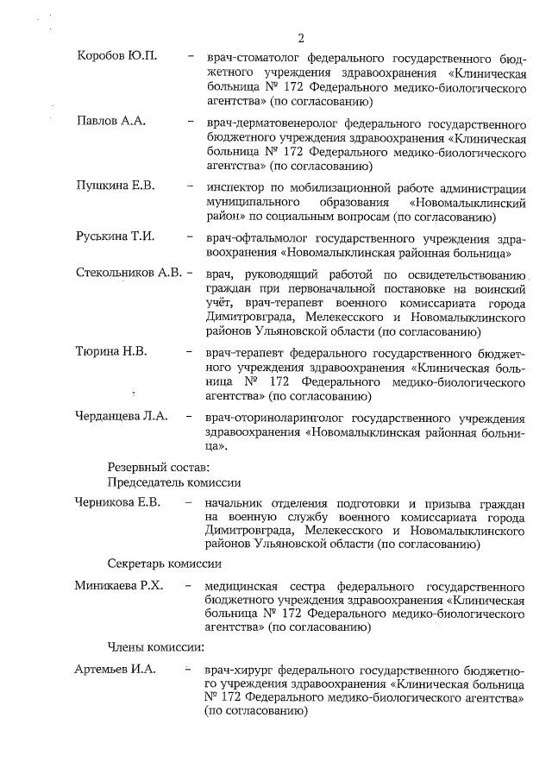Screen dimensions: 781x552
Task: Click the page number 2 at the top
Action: click(x=301, y=37)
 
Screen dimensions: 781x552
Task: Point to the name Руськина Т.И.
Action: click(x=116, y=236)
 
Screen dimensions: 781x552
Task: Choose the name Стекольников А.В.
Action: click(x=129, y=273)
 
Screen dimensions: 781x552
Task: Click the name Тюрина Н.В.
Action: click(x=111, y=352)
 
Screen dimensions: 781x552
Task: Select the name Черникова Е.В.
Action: click(x=119, y=503)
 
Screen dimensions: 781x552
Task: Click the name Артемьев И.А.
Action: click(x=116, y=670)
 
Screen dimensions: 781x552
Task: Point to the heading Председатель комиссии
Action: click(x=173, y=482)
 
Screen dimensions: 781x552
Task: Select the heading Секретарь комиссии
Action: click(x=165, y=564)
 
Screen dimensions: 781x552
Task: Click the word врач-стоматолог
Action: click(x=252, y=57)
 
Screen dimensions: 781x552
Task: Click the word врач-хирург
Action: click(x=238, y=671)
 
